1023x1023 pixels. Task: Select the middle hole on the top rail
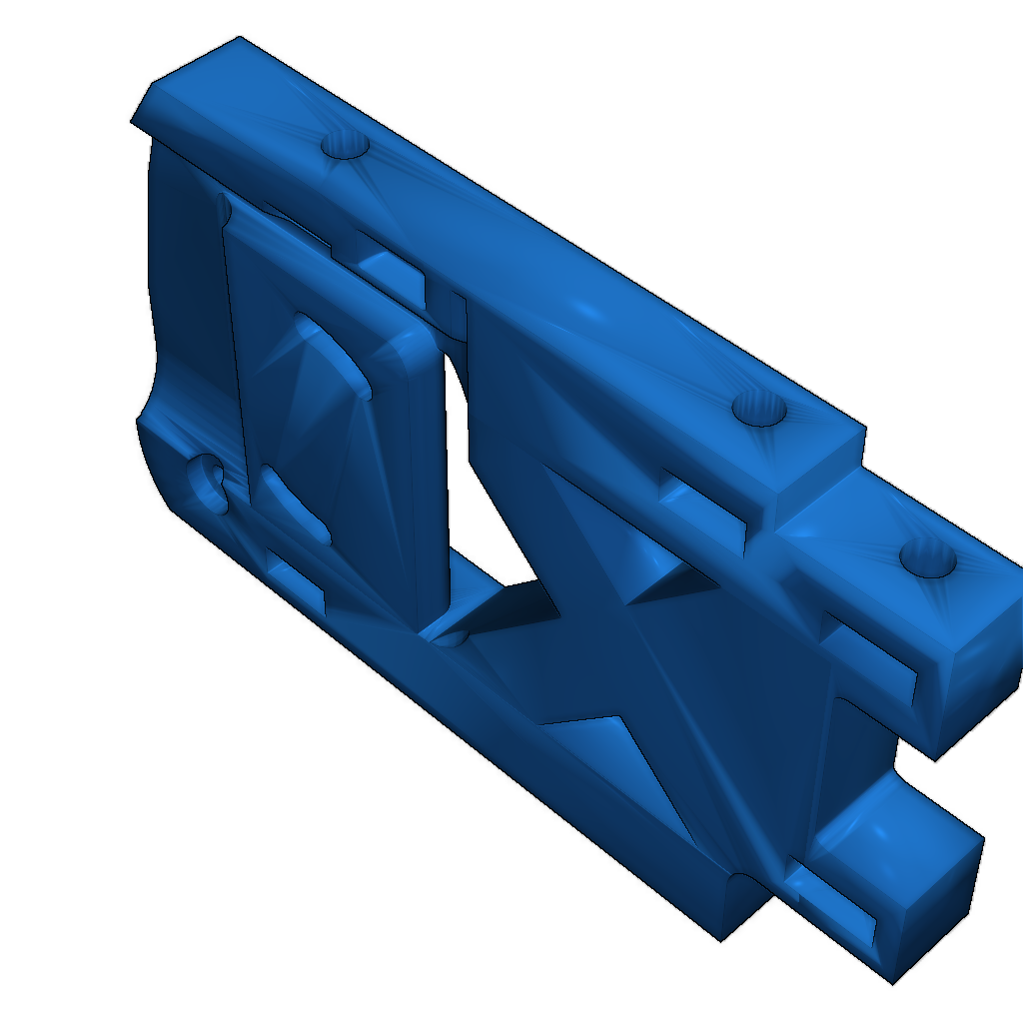pyautogui.click(x=759, y=409)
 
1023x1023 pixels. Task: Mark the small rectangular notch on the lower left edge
pyautogui.click(x=298, y=584)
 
